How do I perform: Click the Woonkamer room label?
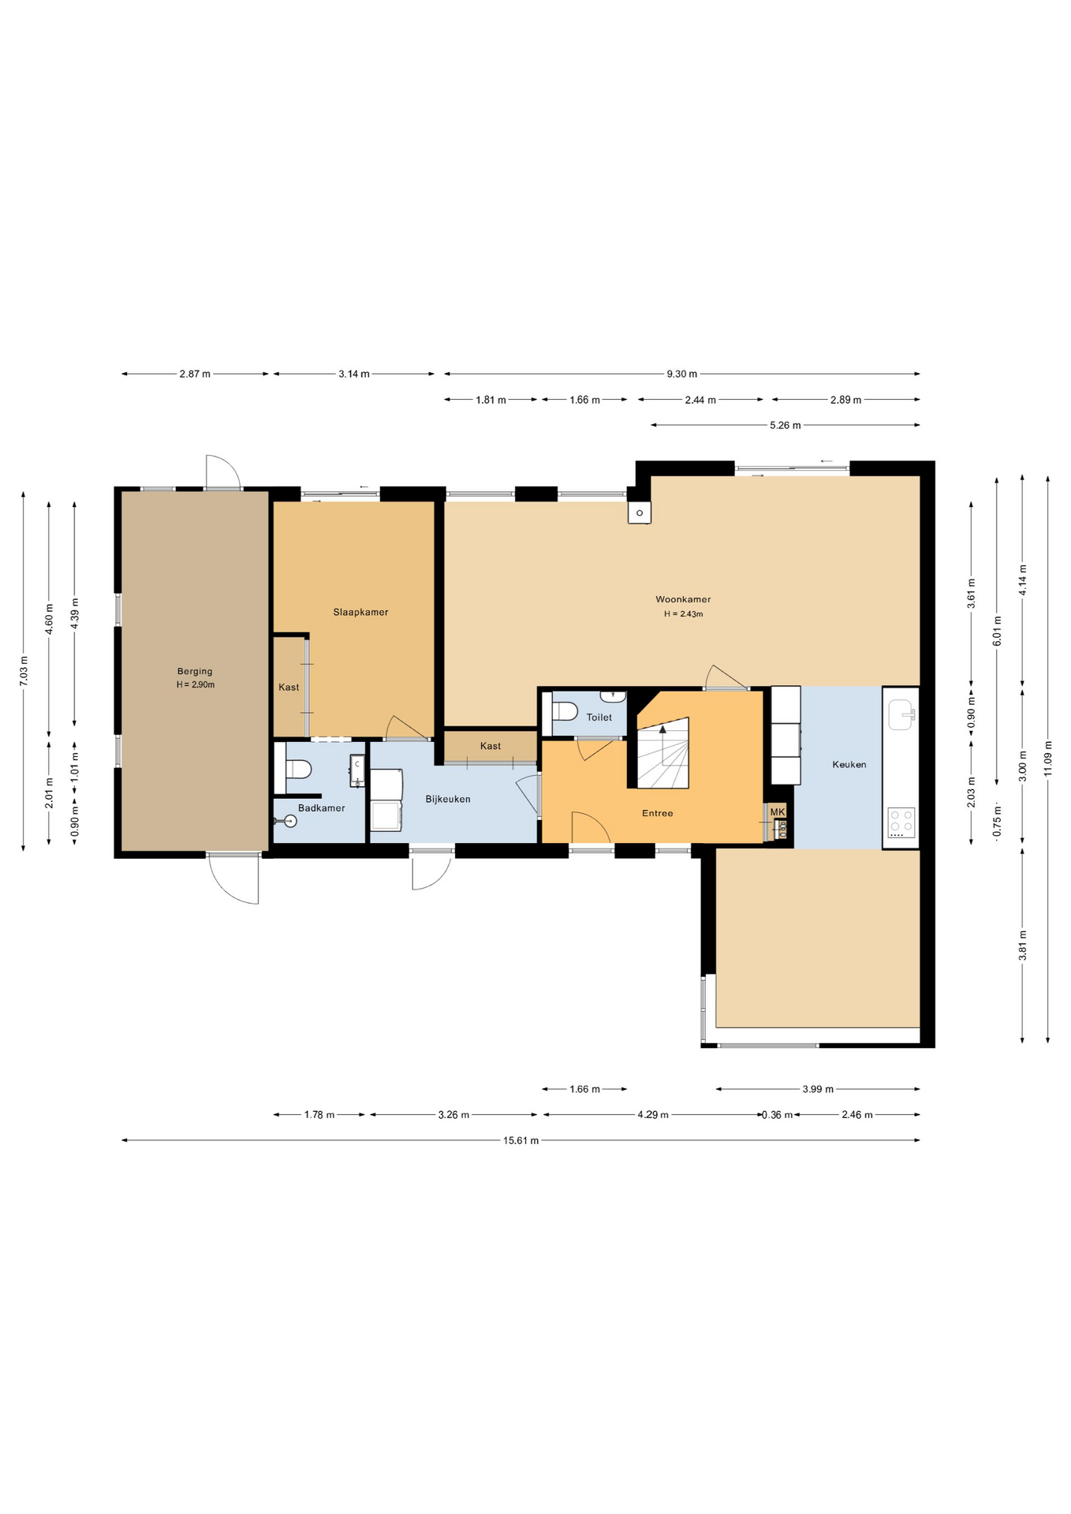(x=683, y=599)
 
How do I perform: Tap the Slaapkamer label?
(x=360, y=612)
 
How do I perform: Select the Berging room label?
(x=195, y=672)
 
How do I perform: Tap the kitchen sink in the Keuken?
(x=901, y=715)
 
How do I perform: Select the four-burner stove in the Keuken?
(x=901, y=822)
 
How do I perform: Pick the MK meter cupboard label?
(x=778, y=812)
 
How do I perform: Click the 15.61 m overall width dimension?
(x=521, y=1140)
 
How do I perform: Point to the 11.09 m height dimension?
(x=1048, y=759)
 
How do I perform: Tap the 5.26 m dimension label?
(x=786, y=425)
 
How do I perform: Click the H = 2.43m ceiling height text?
(x=683, y=614)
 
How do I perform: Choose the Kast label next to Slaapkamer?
(x=289, y=688)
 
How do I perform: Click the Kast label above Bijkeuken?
(x=491, y=746)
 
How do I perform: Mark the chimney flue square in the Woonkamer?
(x=640, y=513)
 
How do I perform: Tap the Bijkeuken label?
(x=448, y=799)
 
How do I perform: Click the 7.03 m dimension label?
(x=24, y=671)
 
